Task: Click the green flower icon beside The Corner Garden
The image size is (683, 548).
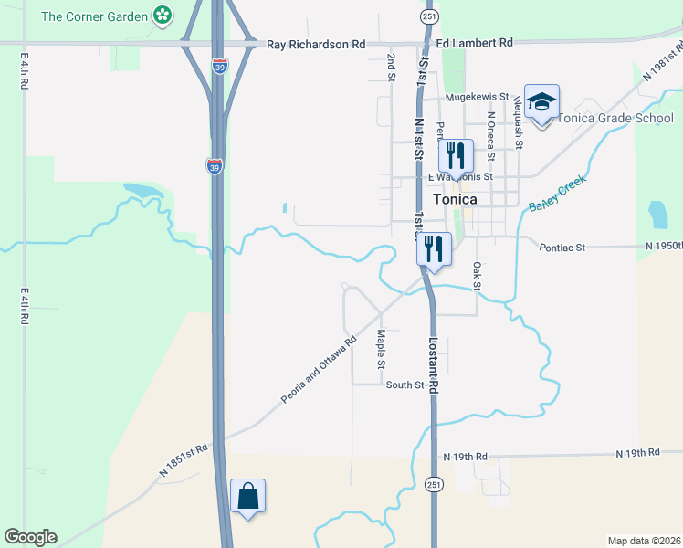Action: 163,16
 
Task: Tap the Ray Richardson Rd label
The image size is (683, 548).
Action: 315,44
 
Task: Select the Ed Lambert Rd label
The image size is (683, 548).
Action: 475,43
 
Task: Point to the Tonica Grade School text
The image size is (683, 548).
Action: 615,118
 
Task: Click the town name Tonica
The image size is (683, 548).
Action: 456,199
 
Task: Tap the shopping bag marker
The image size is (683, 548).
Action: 247,497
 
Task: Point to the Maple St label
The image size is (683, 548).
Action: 382,350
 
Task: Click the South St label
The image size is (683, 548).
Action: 405,385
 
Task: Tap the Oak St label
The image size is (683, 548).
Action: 476,276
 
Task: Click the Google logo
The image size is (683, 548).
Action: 30,537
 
